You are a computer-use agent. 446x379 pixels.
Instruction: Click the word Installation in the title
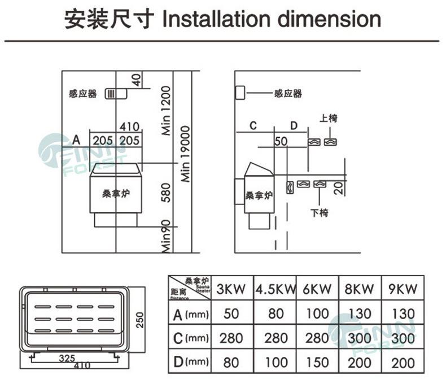pos(215,19)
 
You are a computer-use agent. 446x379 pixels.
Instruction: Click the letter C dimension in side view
pos(253,125)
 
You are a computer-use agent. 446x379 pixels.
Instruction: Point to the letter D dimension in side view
pos(294,125)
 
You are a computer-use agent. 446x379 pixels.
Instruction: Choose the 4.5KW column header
pos(276,289)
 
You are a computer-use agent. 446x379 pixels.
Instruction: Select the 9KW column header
pos(403,289)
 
